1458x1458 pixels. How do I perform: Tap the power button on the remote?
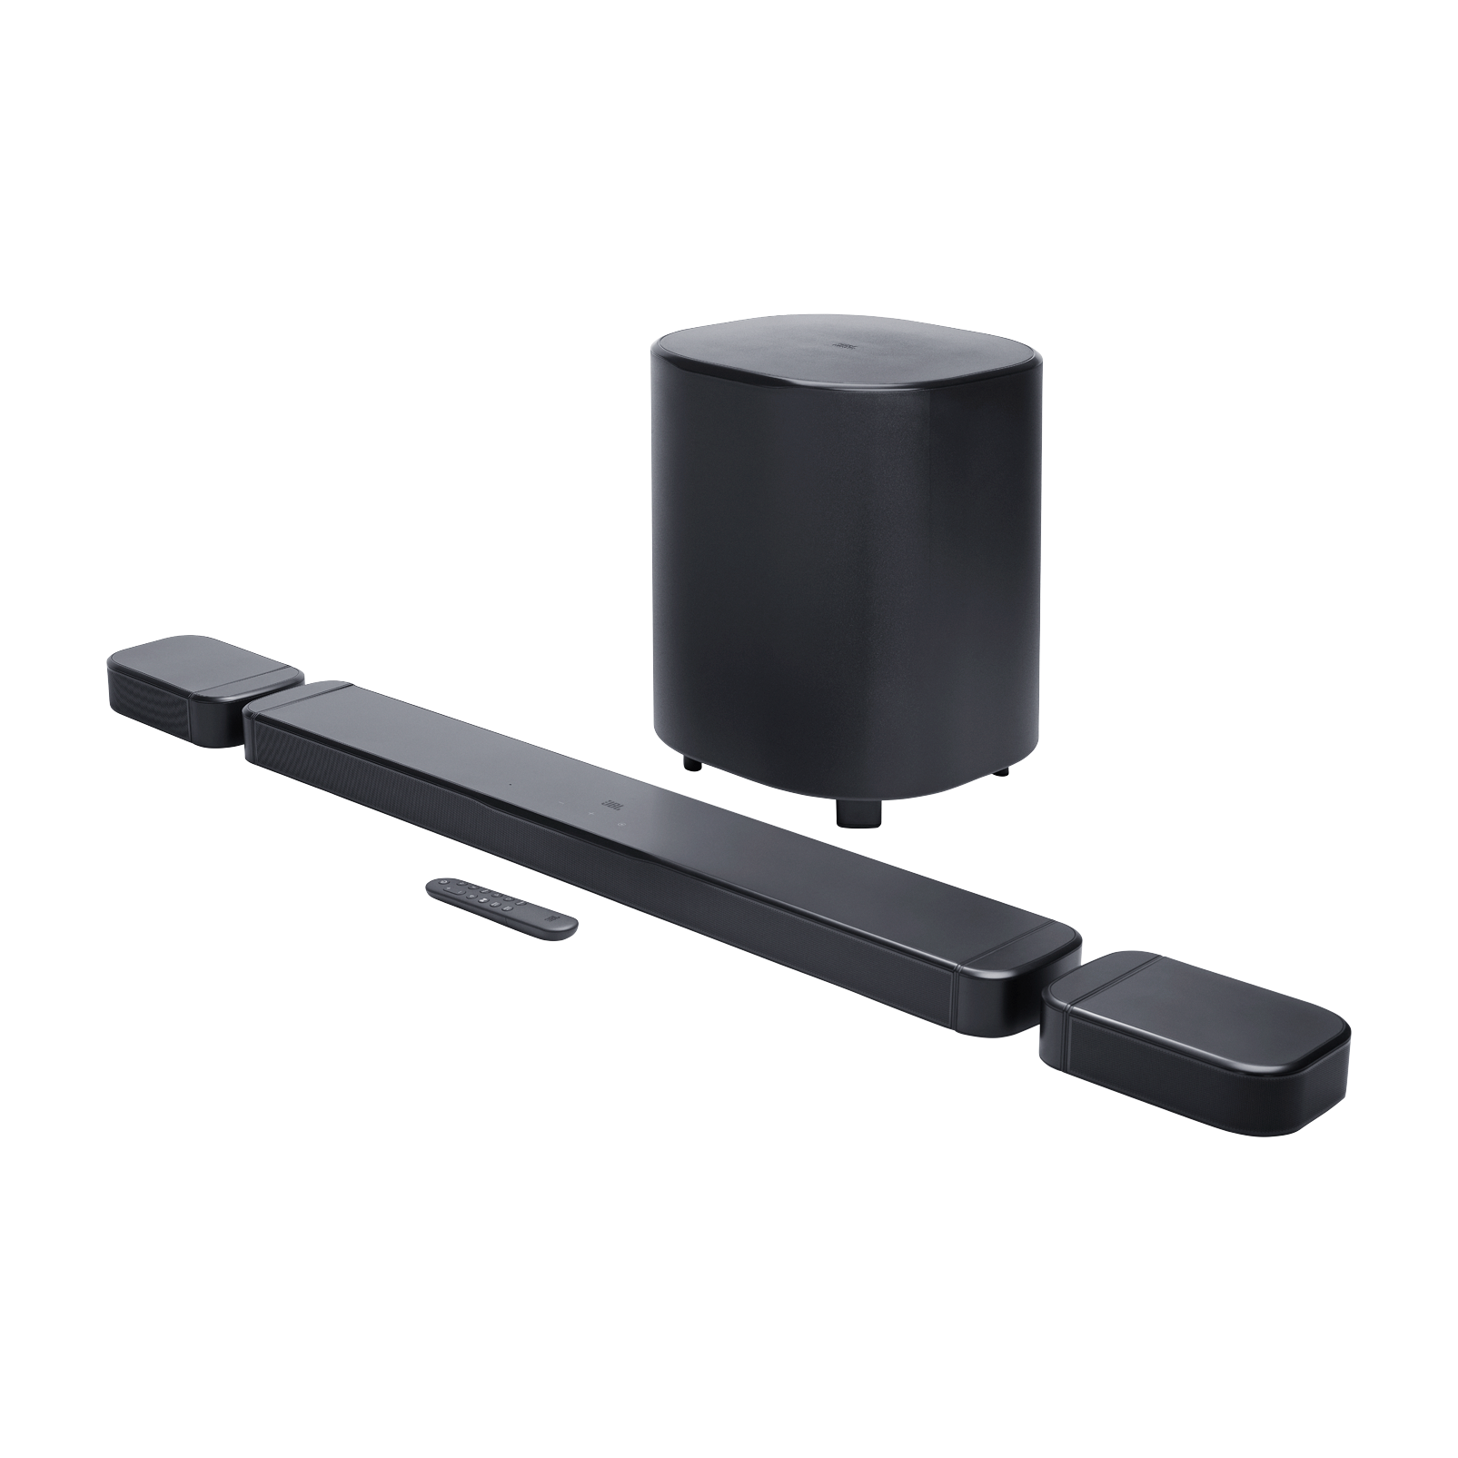(443, 880)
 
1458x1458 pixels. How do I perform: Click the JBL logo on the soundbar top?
(608, 802)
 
